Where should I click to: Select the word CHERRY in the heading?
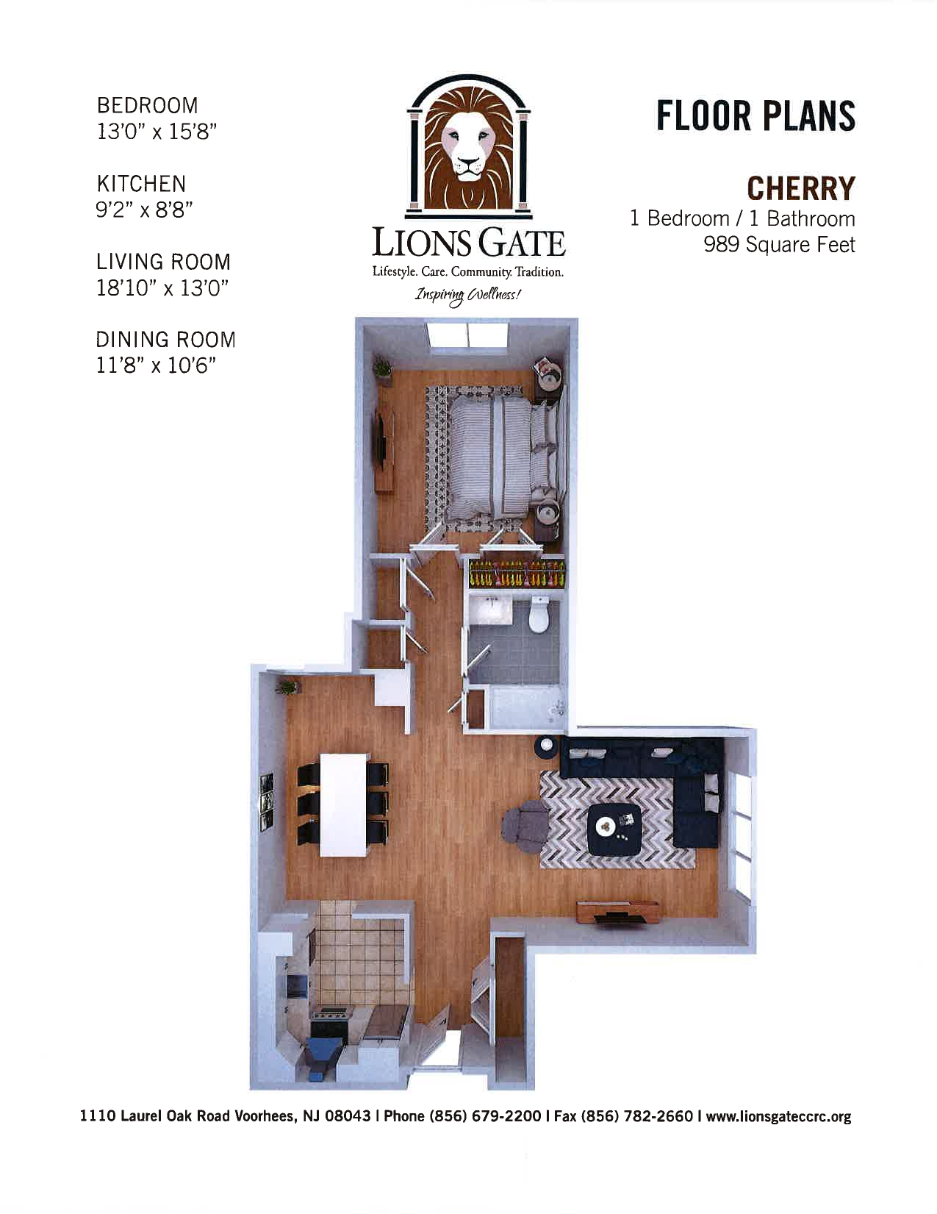801,188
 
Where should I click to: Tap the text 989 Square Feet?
779,244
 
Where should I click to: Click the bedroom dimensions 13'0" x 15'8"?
157,132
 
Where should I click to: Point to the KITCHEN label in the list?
141,183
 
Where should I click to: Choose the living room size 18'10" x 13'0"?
162,288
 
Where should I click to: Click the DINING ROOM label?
165,340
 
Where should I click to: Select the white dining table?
343,803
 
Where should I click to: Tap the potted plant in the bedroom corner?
383,368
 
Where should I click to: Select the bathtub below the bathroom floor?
526,707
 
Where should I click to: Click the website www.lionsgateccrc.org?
778,1116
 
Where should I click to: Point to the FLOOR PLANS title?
755,116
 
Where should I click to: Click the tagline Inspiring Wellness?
468,296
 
